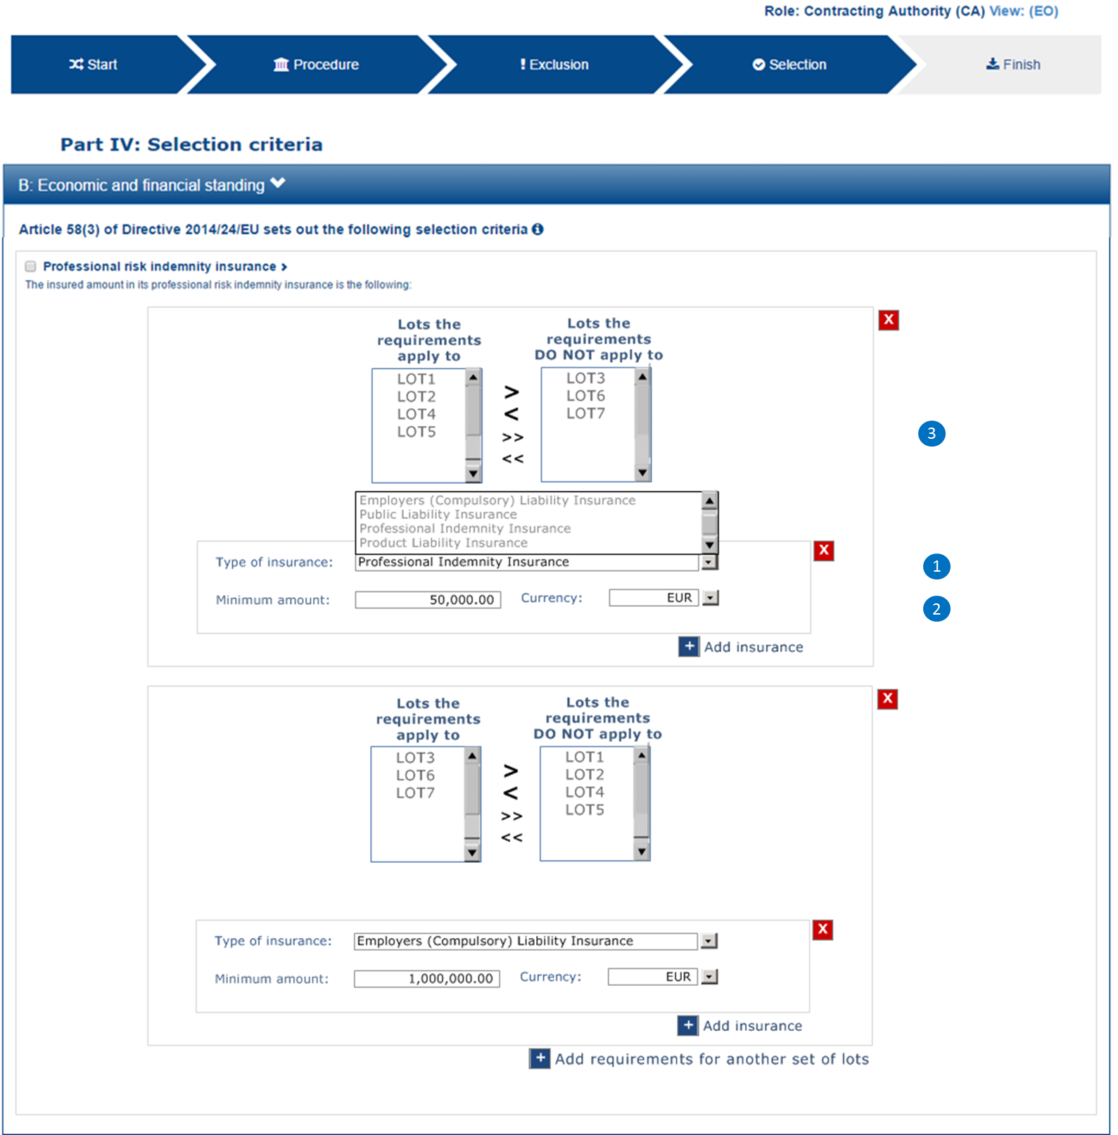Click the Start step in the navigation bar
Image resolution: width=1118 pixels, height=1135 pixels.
coord(93,65)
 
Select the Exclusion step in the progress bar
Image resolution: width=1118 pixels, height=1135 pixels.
coord(554,65)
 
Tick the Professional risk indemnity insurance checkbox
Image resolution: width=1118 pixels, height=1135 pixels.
coord(30,267)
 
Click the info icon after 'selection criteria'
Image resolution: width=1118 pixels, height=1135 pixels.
coord(538,229)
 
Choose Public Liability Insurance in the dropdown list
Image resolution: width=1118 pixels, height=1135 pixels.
coord(438,515)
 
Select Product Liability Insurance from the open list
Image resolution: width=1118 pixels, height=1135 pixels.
coord(443,543)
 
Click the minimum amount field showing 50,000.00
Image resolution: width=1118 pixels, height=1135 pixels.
coord(428,600)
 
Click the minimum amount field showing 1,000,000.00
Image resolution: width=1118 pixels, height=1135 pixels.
coord(426,979)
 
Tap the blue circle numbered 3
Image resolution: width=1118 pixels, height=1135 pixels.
coord(932,433)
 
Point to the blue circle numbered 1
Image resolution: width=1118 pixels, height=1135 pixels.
coord(936,566)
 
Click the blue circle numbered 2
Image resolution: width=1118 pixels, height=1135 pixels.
coord(936,609)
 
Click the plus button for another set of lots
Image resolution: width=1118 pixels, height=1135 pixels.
coord(540,1058)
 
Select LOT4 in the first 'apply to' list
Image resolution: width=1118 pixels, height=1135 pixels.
coord(416,414)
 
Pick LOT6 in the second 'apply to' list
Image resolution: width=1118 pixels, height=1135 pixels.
coord(415,775)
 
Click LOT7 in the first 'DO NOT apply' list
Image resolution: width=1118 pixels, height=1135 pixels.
coord(585,413)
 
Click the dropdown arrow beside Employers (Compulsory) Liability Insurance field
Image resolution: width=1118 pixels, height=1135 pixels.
coord(709,941)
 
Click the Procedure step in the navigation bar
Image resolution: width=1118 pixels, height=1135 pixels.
coord(317,65)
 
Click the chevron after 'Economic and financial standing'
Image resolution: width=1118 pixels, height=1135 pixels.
coord(278,183)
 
